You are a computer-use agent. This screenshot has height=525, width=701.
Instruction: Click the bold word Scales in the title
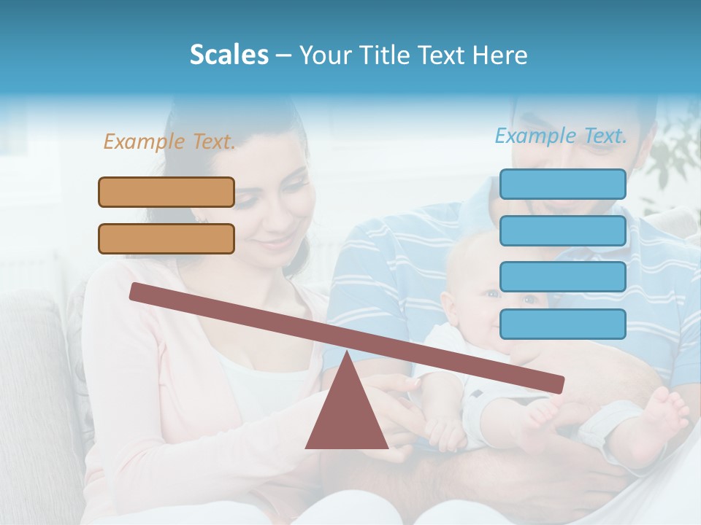[229, 55]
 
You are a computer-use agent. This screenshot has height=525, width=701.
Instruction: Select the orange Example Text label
[169, 141]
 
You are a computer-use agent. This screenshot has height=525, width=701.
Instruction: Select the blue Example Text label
[561, 136]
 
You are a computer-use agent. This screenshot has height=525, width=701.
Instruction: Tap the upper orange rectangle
[166, 192]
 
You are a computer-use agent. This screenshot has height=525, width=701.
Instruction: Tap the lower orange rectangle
[166, 238]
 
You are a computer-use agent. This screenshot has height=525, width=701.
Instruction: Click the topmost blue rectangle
[562, 184]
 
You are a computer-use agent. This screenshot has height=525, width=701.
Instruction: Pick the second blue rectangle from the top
[562, 230]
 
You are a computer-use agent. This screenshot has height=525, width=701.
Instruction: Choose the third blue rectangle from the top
[562, 277]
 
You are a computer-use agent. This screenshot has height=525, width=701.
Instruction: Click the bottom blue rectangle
[562, 324]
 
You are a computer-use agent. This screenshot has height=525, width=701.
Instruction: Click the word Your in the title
[326, 55]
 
